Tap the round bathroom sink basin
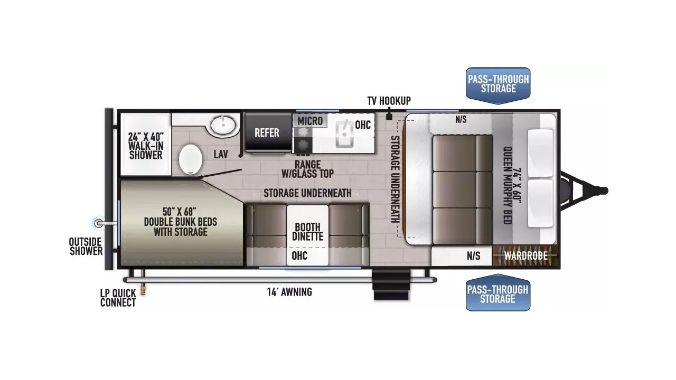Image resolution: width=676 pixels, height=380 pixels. pyautogui.click(x=223, y=126)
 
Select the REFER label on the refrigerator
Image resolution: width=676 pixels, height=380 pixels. pyautogui.click(x=267, y=132)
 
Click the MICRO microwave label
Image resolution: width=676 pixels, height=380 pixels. pyautogui.click(x=310, y=121)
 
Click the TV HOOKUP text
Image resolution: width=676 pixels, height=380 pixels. pyautogui.click(x=389, y=101)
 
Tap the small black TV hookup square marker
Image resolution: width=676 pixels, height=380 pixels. pyautogui.click(x=389, y=117)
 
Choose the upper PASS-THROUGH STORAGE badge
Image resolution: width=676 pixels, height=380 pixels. pyautogui.click(x=497, y=83)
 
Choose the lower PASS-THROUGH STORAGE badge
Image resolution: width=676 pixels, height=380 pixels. pyautogui.click(x=497, y=294)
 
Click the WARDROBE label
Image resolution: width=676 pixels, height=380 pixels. pyautogui.click(x=523, y=256)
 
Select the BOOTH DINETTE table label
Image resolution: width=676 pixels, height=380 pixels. pyautogui.click(x=307, y=232)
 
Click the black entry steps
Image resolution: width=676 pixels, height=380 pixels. pyautogui.click(x=391, y=284)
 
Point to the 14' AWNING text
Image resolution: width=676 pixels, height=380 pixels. pyautogui.click(x=289, y=292)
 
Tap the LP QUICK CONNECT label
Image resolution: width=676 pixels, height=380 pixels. pyautogui.click(x=118, y=298)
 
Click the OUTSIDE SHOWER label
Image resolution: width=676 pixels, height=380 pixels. pyautogui.click(x=86, y=246)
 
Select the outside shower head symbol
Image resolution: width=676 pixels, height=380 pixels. pyautogui.click(x=98, y=223)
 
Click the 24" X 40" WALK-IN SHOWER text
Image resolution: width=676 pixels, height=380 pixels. pyautogui.click(x=145, y=146)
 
